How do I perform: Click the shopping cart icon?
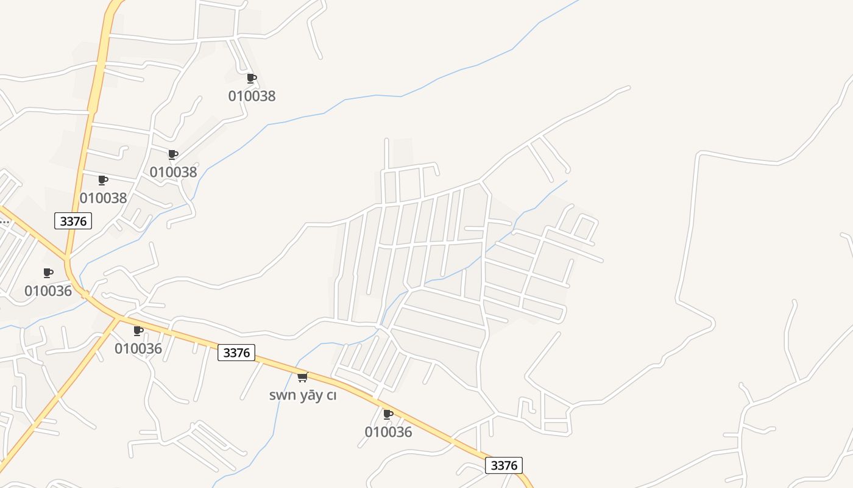(x=302, y=377)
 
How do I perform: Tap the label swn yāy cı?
(x=303, y=395)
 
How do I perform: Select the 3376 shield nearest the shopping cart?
(x=236, y=353)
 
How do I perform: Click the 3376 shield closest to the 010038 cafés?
(x=73, y=221)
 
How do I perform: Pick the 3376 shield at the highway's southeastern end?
(x=504, y=465)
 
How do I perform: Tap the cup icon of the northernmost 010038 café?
(x=251, y=78)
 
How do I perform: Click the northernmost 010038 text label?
(x=252, y=96)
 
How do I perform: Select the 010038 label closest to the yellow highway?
(x=103, y=198)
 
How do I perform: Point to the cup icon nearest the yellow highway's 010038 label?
(x=102, y=180)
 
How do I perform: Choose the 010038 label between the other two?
(x=173, y=172)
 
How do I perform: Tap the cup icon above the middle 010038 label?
(x=172, y=154)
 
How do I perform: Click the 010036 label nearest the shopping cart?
(x=388, y=432)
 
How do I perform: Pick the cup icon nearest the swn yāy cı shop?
(x=388, y=414)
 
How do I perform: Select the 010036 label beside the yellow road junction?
(x=138, y=348)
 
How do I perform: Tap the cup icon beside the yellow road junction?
(x=138, y=331)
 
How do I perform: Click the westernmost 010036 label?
(x=48, y=291)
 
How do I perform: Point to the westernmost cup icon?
(x=48, y=273)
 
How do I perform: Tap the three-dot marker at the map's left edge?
(x=4, y=222)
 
